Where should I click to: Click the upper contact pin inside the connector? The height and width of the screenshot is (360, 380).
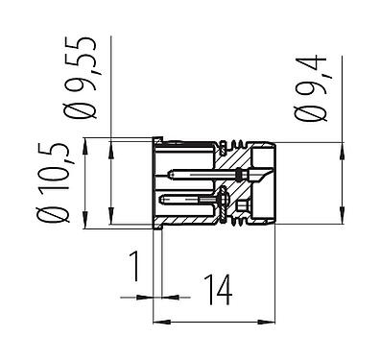206,175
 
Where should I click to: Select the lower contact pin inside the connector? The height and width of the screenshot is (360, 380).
202,200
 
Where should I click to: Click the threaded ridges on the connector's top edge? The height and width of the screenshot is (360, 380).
242,149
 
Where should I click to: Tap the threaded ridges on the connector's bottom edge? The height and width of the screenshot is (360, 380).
242,224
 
